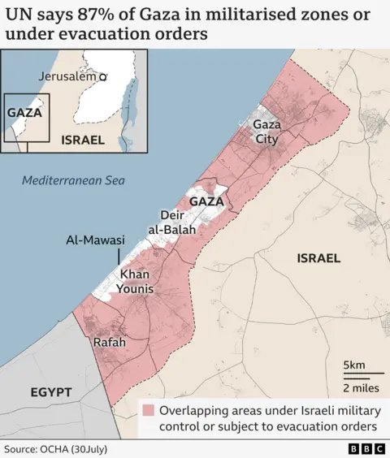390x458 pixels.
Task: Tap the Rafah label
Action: [x=110, y=343]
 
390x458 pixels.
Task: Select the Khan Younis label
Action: [x=136, y=282]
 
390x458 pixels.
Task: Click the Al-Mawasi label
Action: [x=95, y=240]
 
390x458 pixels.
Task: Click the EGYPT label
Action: [x=51, y=392]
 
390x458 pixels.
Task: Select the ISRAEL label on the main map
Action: [x=318, y=258]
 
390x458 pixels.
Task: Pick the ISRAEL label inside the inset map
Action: [x=83, y=140]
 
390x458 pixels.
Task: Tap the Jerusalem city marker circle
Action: [x=103, y=76]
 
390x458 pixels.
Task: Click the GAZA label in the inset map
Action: [x=24, y=113]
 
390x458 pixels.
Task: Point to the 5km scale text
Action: [x=354, y=363]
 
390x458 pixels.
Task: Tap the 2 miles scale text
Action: [x=359, y=387]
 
